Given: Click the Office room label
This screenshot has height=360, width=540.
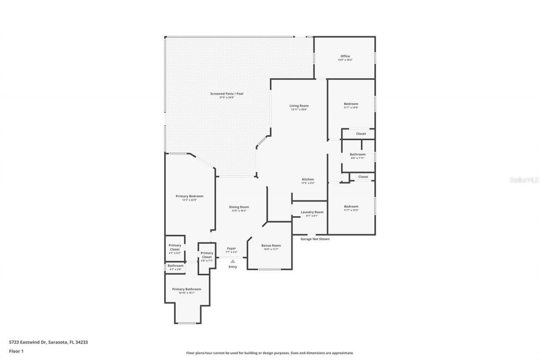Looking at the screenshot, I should point(345,57).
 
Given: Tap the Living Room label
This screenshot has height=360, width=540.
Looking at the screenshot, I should point(299,106).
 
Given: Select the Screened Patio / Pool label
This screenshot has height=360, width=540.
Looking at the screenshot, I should point(227,94).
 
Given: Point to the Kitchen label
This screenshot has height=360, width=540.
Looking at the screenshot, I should point(308,180).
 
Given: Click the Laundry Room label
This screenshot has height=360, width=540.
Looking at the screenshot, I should point(312,212).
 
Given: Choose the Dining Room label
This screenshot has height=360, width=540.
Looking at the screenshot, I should point(239,207).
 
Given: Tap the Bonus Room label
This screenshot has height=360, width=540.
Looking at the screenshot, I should point(271,246).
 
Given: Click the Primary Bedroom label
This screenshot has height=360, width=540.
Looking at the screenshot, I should point(189,196).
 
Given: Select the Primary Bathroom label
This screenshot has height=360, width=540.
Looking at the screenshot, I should point(186,290).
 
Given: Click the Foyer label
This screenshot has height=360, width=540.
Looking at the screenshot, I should point(231,249).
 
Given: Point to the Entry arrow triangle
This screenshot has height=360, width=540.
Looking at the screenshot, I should point(232,261).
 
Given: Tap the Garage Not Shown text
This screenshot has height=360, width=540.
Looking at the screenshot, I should point(315,239).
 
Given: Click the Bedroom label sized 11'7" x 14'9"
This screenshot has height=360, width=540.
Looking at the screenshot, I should point(351,104).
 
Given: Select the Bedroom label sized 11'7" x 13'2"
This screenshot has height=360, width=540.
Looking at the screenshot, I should point(351,207).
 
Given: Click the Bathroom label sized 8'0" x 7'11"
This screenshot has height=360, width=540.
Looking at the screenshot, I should point(357,155).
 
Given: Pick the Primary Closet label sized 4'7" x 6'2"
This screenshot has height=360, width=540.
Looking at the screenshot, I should point(175,247).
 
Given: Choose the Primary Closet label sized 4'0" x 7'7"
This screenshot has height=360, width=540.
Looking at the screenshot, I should point(207,255).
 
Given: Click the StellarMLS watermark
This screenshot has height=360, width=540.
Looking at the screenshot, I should point(524,180).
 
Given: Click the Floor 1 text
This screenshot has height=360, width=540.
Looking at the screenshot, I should point(16,351).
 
